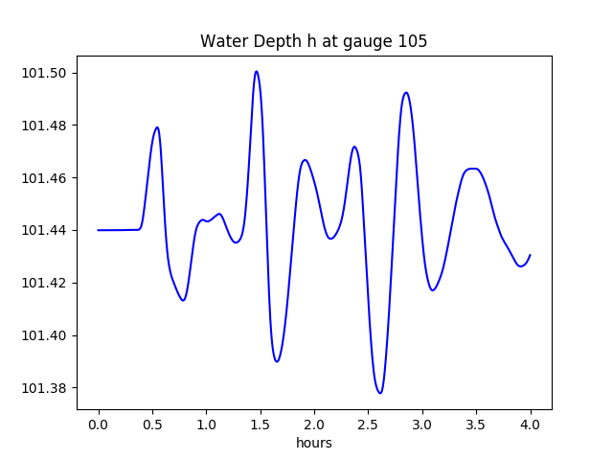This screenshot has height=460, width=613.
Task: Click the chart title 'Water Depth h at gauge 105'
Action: tap(313, 41)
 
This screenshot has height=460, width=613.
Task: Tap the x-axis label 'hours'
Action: tap(313, 444)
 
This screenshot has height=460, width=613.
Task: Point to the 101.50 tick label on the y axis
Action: tap(45, 73)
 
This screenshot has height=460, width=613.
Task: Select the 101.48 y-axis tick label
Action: tap(45, 126)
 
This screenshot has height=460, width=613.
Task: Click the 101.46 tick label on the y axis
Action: tap(45, 178)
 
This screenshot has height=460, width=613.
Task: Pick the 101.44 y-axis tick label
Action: tap(45, 231)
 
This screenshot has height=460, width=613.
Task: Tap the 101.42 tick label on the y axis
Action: tap(45, 284)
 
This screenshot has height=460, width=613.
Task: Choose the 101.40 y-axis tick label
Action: tap(45, 335)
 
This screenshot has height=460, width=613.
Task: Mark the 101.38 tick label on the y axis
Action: tap(45, 388)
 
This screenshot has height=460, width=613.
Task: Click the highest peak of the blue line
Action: tap(257, 71)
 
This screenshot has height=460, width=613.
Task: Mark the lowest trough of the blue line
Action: tap(380, 393)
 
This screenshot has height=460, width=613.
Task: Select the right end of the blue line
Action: tap(531, 255)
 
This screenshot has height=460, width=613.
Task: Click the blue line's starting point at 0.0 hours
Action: tap(99, 230)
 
